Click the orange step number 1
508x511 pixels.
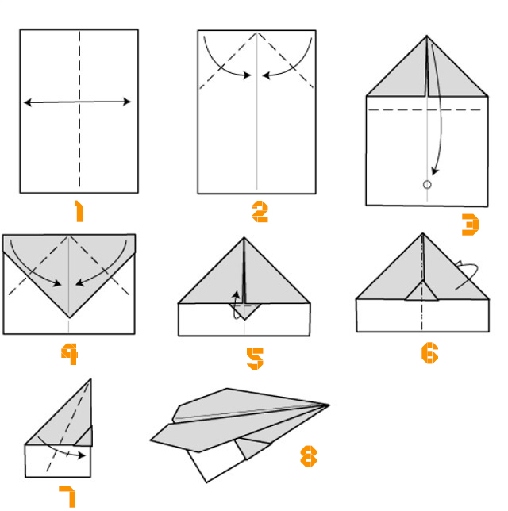[x=79, y=211]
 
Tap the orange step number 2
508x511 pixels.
[x=260, y=212]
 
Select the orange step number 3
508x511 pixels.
[x=470, y=225]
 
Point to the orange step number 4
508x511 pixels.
[x=69, y=354]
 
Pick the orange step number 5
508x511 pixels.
[x=255, y=359]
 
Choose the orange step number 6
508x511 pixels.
[x=429, y=353]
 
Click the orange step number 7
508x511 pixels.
[x=67, y=497]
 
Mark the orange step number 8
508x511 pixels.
[x=309, y=456]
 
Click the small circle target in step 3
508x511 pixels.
[x=427, y=185]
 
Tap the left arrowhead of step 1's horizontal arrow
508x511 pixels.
[x=28, y=102]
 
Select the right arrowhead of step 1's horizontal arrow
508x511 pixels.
[x=127, y=102]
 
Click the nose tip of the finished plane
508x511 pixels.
[x=329, y=405]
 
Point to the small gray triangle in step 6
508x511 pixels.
[x=422, y=292]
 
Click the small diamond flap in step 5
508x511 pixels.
[x=244, y=311]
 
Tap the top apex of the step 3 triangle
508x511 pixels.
[x=427, y=36]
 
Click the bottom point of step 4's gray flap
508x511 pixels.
[x=69, y=317]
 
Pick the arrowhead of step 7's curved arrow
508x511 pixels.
[x=82, y=455]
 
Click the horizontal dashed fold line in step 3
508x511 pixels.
[x=425, y=110]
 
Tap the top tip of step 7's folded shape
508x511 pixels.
[x=90, y=379]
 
